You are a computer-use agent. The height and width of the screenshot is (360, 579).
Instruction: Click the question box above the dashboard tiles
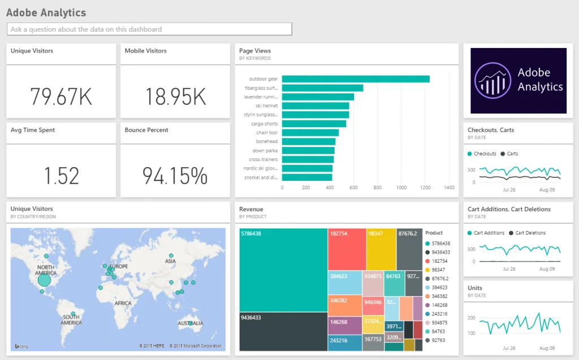pyautogui.click(x=149, y=29)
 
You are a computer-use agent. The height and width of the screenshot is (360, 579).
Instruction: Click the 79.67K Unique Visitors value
pyautogui.click(x=61, y=97)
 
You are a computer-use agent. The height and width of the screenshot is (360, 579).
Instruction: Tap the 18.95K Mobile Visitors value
pyautogui.click(x=175, y=97)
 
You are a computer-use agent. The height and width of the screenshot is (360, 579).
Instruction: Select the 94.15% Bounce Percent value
pyautogui.click(x=175, y=176)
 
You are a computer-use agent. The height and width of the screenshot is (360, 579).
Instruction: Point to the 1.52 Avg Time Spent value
pyautogui.click(x=61, y=176)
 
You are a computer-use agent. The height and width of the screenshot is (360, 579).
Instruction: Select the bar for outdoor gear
pyautogui.click(x=355, y=79)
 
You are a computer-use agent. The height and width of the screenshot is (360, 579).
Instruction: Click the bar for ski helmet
pyautogui.click(x=315, y=106)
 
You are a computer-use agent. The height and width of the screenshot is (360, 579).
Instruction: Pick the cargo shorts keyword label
pyautogui.click(x=263, y=124)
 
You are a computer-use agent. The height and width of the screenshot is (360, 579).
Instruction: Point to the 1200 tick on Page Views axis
pyautogui.click(x=425, y=188)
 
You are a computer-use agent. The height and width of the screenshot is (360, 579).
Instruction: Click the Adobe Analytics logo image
pyautogui.click(x=518, y=81)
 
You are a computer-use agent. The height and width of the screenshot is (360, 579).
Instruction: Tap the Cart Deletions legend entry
pyautogui.click(x=527, y=233)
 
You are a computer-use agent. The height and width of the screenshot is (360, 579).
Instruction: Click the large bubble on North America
pyautogui.click(x=44, y=280)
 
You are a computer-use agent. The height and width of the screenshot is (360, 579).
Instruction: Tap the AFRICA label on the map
pyautogui.click(x=123, y=303)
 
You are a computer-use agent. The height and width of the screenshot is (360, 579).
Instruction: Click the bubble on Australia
pyautogui.click(x=191, y=323)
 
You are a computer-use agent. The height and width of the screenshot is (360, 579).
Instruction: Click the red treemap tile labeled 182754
pyautogui.click(x=346, y=249)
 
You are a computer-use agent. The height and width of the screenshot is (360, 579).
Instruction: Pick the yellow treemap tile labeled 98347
pyautogui.click(x=381, y=249)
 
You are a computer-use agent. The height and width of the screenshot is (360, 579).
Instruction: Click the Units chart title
pyautogui.click(x=475, y=288)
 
